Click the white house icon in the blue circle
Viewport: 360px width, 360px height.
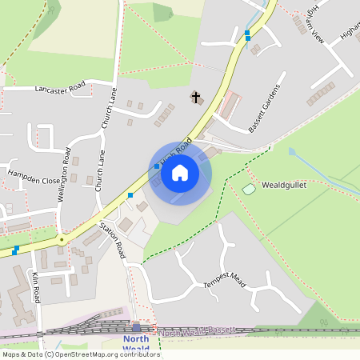[x=180, y=172]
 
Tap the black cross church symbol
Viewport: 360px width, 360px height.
[x=194, y=98]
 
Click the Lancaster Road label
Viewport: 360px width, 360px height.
[x=60, y=89]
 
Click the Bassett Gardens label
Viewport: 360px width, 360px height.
[x=266, y=110]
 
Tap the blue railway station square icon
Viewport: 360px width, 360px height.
[x=136, y=327]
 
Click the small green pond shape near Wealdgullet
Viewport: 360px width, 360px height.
[x=248, y=189]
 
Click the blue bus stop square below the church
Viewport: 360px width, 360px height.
[x=156, y=166]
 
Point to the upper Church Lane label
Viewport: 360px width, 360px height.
[x=110, y=110]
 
